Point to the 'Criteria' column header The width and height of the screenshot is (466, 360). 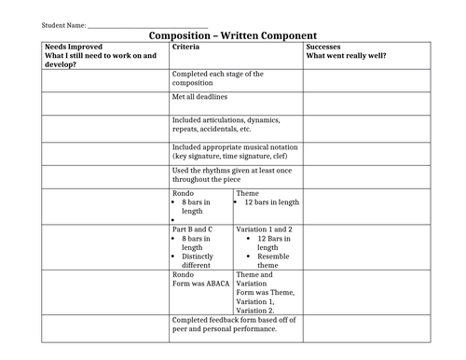pyautogui.click(x=189, y=45)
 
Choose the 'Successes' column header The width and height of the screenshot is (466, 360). pyautogui.click(x=324, y=45)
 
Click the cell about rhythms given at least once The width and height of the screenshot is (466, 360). pyautogui.click(x=233, y=175)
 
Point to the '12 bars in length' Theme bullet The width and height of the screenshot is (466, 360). pyautogui.click(x=271, y=201)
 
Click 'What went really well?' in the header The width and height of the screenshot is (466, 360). pyautogui.click(x=347, y=55)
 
